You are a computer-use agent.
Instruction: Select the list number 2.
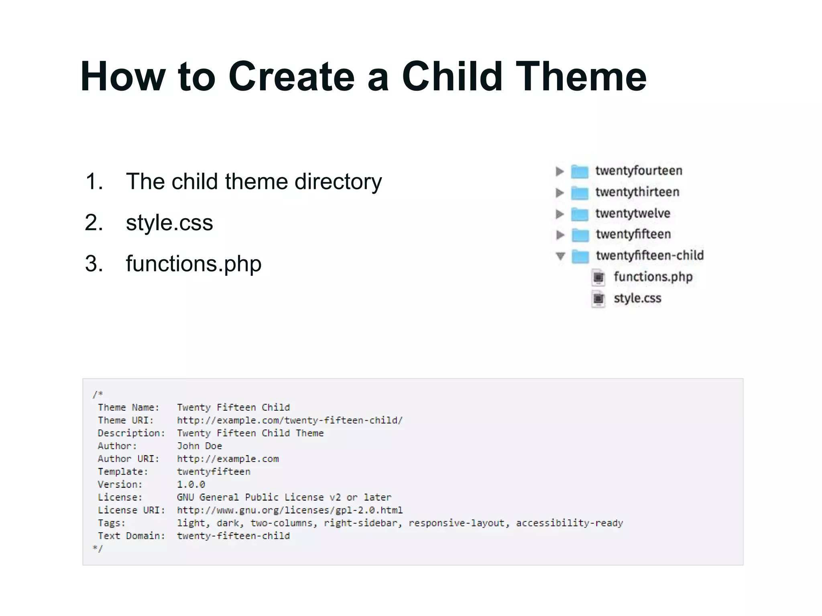pos(94,223)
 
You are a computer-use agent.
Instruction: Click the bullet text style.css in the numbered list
pos(169,223)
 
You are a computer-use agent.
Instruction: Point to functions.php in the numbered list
pos(193,263)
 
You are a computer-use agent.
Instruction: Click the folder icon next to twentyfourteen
pos(580,172)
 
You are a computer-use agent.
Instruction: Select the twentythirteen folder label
pos(637,192)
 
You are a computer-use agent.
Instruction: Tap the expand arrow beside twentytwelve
pos(560,214)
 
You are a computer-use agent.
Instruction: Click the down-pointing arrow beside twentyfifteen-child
pos(560,256)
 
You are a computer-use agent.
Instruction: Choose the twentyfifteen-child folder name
pos(649,255)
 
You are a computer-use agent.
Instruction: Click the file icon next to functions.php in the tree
pos(598,277)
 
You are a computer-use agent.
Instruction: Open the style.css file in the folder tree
pos(637,298)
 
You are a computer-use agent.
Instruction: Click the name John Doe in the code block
pos(199,446)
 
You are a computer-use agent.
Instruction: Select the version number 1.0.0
pos(191,484)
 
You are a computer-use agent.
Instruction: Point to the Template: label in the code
pos(123,472)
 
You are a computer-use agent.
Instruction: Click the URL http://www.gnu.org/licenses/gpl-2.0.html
pos(290,510)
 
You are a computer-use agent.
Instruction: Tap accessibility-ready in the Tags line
pos(569,523)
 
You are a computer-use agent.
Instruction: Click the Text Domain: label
pos(131,536)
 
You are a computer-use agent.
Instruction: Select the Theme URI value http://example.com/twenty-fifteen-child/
pos(290,420)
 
